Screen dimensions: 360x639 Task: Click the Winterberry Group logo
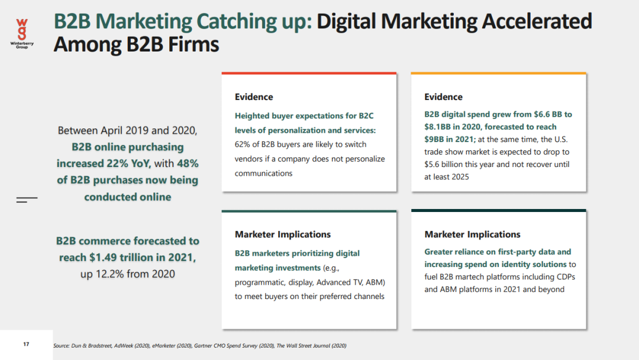pyautogui.click(x=22, y=32)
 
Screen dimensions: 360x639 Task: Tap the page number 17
pyautogui.click(x=26, y=344)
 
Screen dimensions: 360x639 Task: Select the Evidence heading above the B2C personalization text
pyautogui.click(x=254, y=97)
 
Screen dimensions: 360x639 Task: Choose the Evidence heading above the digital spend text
pyautogui.click(x=443, y=97)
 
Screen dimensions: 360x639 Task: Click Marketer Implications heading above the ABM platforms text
pyautogui.click(x=472, y=234)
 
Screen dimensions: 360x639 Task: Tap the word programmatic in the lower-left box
pyautogui.click(x=262, y=282)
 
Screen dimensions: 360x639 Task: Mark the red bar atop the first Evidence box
pyautogui.click(x=309, y=73)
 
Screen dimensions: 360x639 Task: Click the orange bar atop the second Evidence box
pyautogui.click(x=498, y=73)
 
